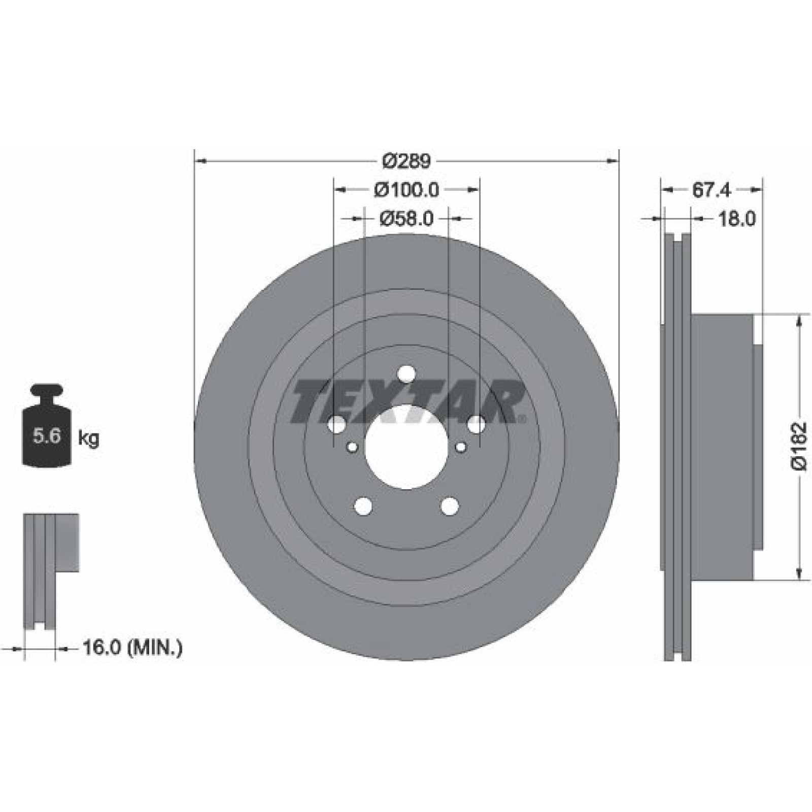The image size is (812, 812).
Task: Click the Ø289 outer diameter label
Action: pyautogui.click(x=407, y=161)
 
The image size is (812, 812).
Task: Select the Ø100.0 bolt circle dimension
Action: pyautogui.click(x=407, y=190)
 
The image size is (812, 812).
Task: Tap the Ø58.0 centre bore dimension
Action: pyautogui.click(x=407, y=218)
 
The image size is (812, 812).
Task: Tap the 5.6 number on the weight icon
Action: pyautogui.click(x=47, y=435)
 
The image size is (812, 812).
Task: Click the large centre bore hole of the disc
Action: pyautogui.click(x=407, y=447)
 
